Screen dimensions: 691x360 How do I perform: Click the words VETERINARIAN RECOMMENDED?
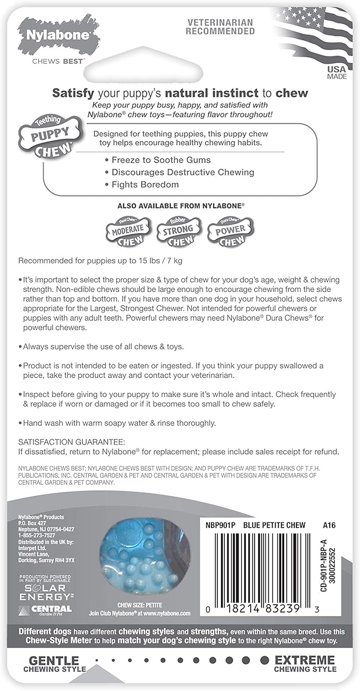(221, 27)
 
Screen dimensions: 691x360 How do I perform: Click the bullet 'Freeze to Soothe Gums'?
(161, 160)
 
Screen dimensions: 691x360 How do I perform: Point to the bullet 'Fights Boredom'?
(145, 184)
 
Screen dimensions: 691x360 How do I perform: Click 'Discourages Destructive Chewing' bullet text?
(182, 172)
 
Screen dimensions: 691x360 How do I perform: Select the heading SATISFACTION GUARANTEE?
(72, 442)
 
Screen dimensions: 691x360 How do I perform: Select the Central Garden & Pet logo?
(45, 610)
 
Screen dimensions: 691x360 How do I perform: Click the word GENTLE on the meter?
(54, 660)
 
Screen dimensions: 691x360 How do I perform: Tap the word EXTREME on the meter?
(305, 660)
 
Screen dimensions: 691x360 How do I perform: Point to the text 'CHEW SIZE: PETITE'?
(139, 605)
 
